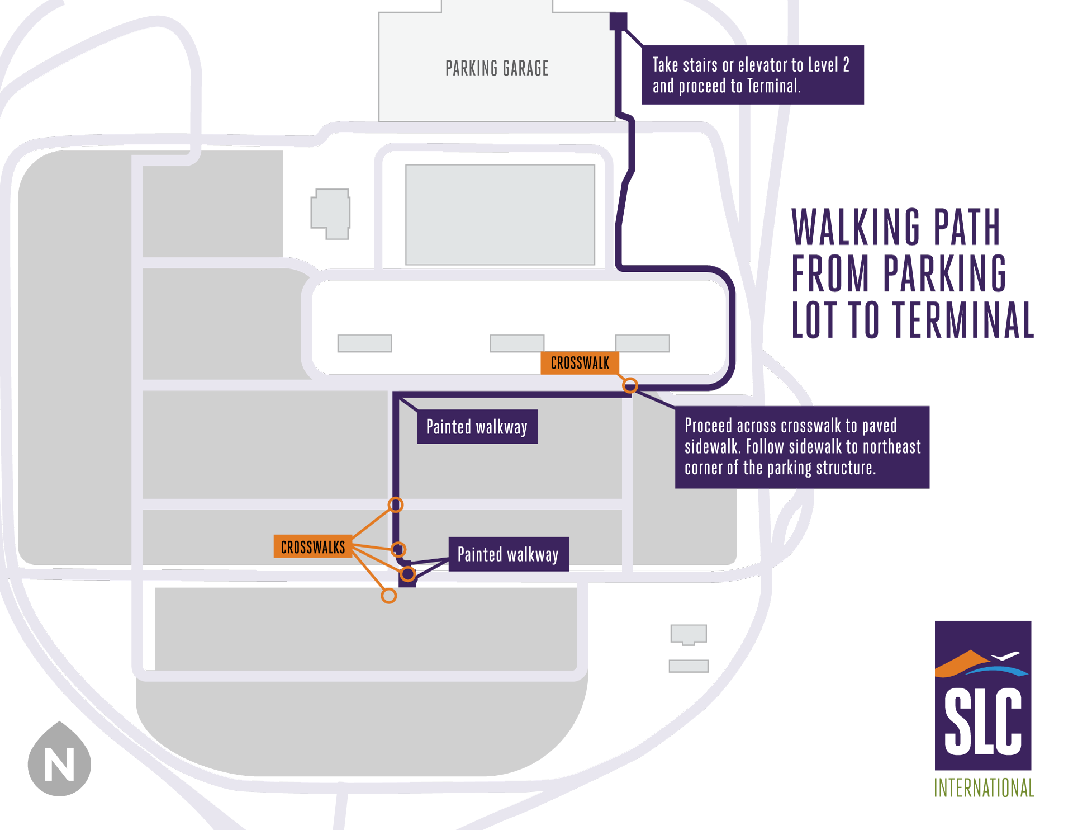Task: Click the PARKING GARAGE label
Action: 497,68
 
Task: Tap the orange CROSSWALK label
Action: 580,363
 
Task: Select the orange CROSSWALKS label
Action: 312,546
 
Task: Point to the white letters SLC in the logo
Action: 982,721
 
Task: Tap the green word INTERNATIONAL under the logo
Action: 984,787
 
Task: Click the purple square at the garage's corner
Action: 618,21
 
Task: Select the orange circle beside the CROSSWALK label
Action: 630,385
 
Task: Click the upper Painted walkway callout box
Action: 477,427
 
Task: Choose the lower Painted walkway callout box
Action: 508,554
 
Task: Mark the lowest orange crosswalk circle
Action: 388,596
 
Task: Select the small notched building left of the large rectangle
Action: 331,213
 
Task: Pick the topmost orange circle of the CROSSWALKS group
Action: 396,505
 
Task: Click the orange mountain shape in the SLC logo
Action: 961,663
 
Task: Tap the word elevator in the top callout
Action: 771,65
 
